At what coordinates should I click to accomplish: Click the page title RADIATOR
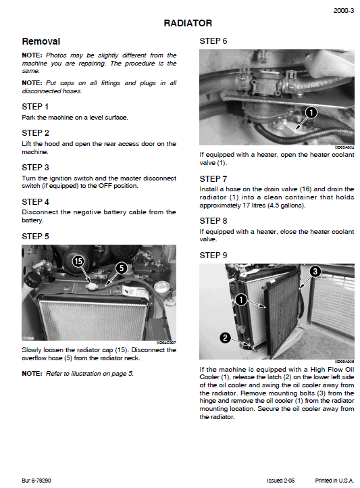[x=188, y=24]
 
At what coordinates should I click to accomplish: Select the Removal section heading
[x=41, y=42]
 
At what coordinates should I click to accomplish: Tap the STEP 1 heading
[x=35, y=106]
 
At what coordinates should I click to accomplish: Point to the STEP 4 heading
[x=35, y=201]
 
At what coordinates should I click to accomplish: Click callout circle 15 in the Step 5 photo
[x=78, y=261]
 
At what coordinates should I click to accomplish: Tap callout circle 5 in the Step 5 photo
[x=122, y=268]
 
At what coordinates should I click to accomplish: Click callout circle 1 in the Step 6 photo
[x=310, y=112]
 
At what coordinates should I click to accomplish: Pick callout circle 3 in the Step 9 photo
[x=315, y=272]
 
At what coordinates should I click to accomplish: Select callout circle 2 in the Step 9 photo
[x=225, y=337]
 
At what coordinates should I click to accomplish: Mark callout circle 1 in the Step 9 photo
[x=240, y=298]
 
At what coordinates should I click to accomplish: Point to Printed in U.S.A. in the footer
[x=335, y=481]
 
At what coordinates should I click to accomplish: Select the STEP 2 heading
[x=35, y=132]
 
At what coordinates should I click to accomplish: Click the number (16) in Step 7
[x=286, y=189]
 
